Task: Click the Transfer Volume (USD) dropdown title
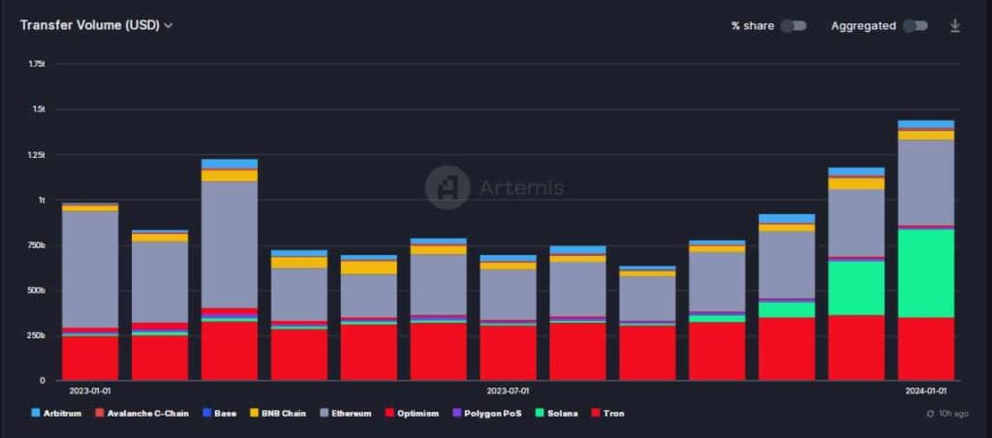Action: coord(96,25)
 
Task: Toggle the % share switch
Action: coord(793,25)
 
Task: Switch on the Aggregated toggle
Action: coord(915,25)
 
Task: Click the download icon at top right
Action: coord(955,25)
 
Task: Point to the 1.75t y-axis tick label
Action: coord(37,64)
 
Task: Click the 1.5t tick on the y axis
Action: coord(39,109)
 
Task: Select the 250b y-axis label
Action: coord(37,335)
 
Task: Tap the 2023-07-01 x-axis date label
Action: coord(508,391)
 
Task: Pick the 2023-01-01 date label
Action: coord(90,391)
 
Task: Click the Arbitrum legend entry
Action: coord(56,414)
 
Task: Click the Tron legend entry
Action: coord(607,414)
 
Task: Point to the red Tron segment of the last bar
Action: coord(926,349)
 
